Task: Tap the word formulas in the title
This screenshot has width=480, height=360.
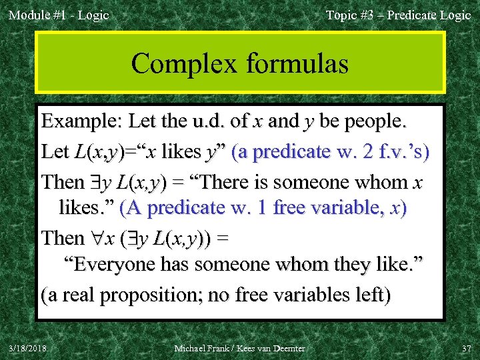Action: point(297,64)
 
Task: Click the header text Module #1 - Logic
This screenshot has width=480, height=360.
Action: point(58,15)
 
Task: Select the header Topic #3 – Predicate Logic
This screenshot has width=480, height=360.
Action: point(398,15)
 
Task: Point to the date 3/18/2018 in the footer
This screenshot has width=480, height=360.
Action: point(29,348)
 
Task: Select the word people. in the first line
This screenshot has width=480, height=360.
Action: point(373,123)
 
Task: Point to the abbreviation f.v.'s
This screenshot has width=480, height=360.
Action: point(401,152)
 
